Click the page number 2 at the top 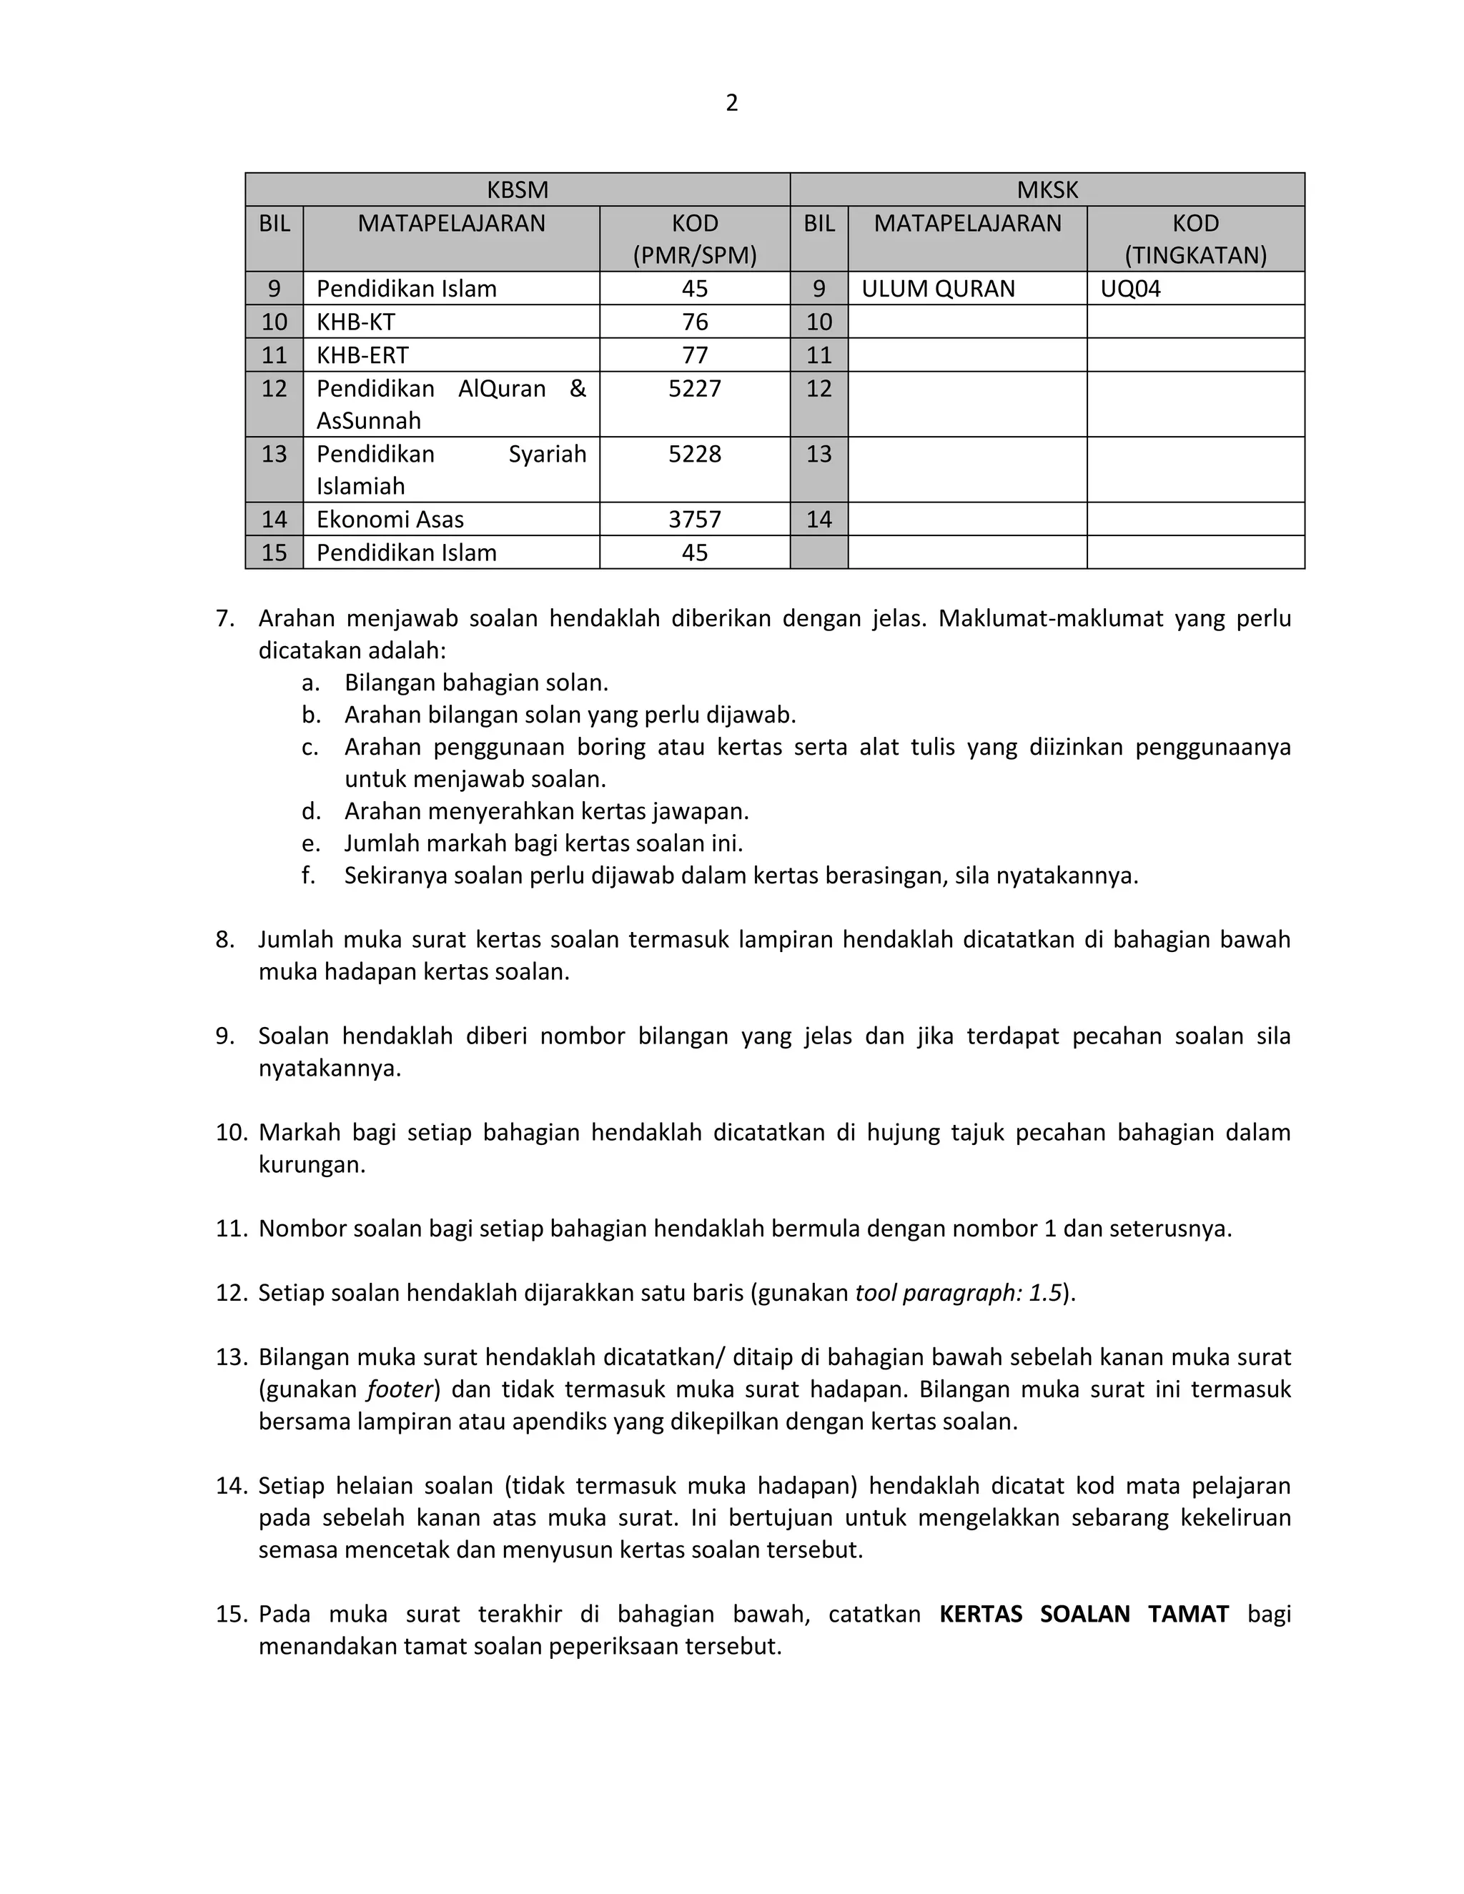click(x=731, y=103)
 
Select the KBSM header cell click(x=517, y=189)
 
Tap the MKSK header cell click(x=1047, y=189)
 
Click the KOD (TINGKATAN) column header click(x=1195, y=239)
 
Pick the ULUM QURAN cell click(x=938, y=289)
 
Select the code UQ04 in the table click(x=1130, y=289)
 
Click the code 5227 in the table click(x=694, y=389)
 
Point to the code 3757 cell click(x=694, y=520)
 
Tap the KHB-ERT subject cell click(x=362, y=355)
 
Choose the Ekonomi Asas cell click(x=390, y=520)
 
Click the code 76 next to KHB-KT click(x=694, y=322)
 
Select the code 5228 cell click(x=694, y=455)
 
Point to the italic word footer click(x=399, y=1389)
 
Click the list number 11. click(x=232, y=1229)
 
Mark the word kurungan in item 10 click(x=312, y=1165)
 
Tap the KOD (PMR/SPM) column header click(x=694, y=239)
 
